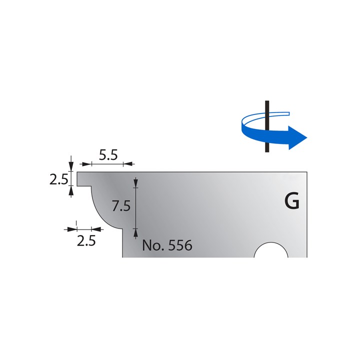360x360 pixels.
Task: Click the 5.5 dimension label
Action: [x=107, y=155]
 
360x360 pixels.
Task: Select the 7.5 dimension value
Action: [x=121, y=205]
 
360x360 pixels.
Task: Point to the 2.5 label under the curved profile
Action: [x=86, y=241]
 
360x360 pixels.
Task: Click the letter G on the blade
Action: [x=291, y=201]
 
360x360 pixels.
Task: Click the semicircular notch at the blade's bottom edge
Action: [x=271, y=251]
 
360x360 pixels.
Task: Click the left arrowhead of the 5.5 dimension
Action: [x=85, y=163]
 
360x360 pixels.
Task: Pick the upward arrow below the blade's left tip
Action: [x=71, y=190]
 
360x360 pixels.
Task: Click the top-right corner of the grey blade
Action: [x=306, y=172]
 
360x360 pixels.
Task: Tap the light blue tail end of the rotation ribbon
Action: [x=285, y=112]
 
